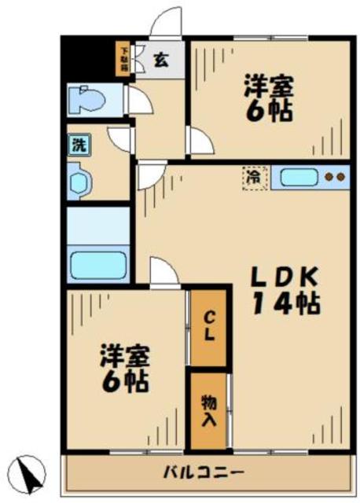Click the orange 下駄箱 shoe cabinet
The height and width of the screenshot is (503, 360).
[x=123, y=59]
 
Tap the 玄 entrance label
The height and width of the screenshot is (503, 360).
[x=160, y=59]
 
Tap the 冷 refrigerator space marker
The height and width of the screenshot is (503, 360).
[x=254, y=177]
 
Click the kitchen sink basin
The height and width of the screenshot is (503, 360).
[x=296, y=177]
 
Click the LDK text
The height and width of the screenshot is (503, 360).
[x=284, y=277]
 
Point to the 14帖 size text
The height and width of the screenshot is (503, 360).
[x=285, y=303]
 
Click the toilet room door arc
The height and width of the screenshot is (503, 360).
[x=138, y=101]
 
